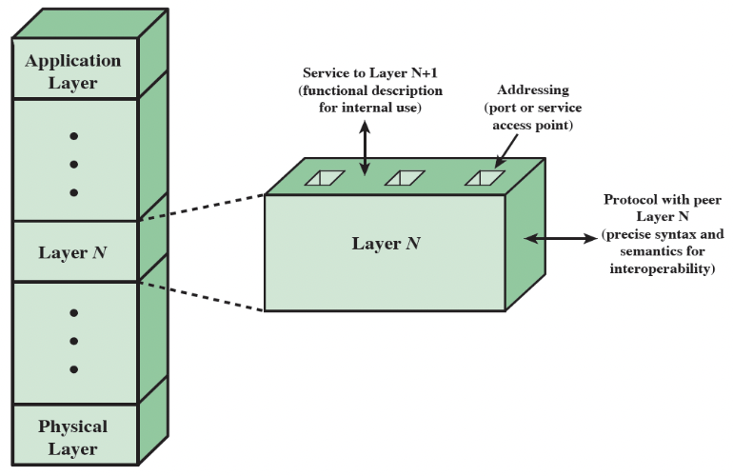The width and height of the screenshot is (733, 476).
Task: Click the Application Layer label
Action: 73,71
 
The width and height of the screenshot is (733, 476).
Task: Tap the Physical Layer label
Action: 73,437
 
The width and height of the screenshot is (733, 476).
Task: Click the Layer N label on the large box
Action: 386,244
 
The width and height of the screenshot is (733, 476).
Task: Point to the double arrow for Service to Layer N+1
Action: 364,147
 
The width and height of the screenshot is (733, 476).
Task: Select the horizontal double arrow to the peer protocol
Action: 558,237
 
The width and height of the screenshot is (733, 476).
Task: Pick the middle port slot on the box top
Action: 404,178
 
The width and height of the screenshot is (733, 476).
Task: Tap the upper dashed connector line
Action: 203,208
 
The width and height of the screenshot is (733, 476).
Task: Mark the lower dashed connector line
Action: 203,295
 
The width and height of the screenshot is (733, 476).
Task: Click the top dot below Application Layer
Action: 73,135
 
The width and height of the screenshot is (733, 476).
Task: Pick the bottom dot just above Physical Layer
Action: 73,369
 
